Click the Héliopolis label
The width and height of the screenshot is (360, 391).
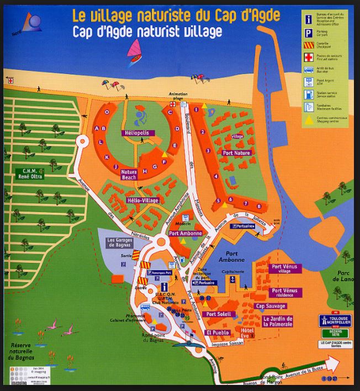137,133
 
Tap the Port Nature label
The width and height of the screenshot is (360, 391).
236,153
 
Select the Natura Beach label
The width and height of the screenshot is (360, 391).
129,175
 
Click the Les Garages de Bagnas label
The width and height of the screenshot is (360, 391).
120,243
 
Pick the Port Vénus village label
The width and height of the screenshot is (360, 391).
284,269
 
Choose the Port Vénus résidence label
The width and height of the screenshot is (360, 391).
284,293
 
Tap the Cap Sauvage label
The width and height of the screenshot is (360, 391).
271,306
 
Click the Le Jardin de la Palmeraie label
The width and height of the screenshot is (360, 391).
278,321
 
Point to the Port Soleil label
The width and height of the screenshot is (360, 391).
218,314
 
